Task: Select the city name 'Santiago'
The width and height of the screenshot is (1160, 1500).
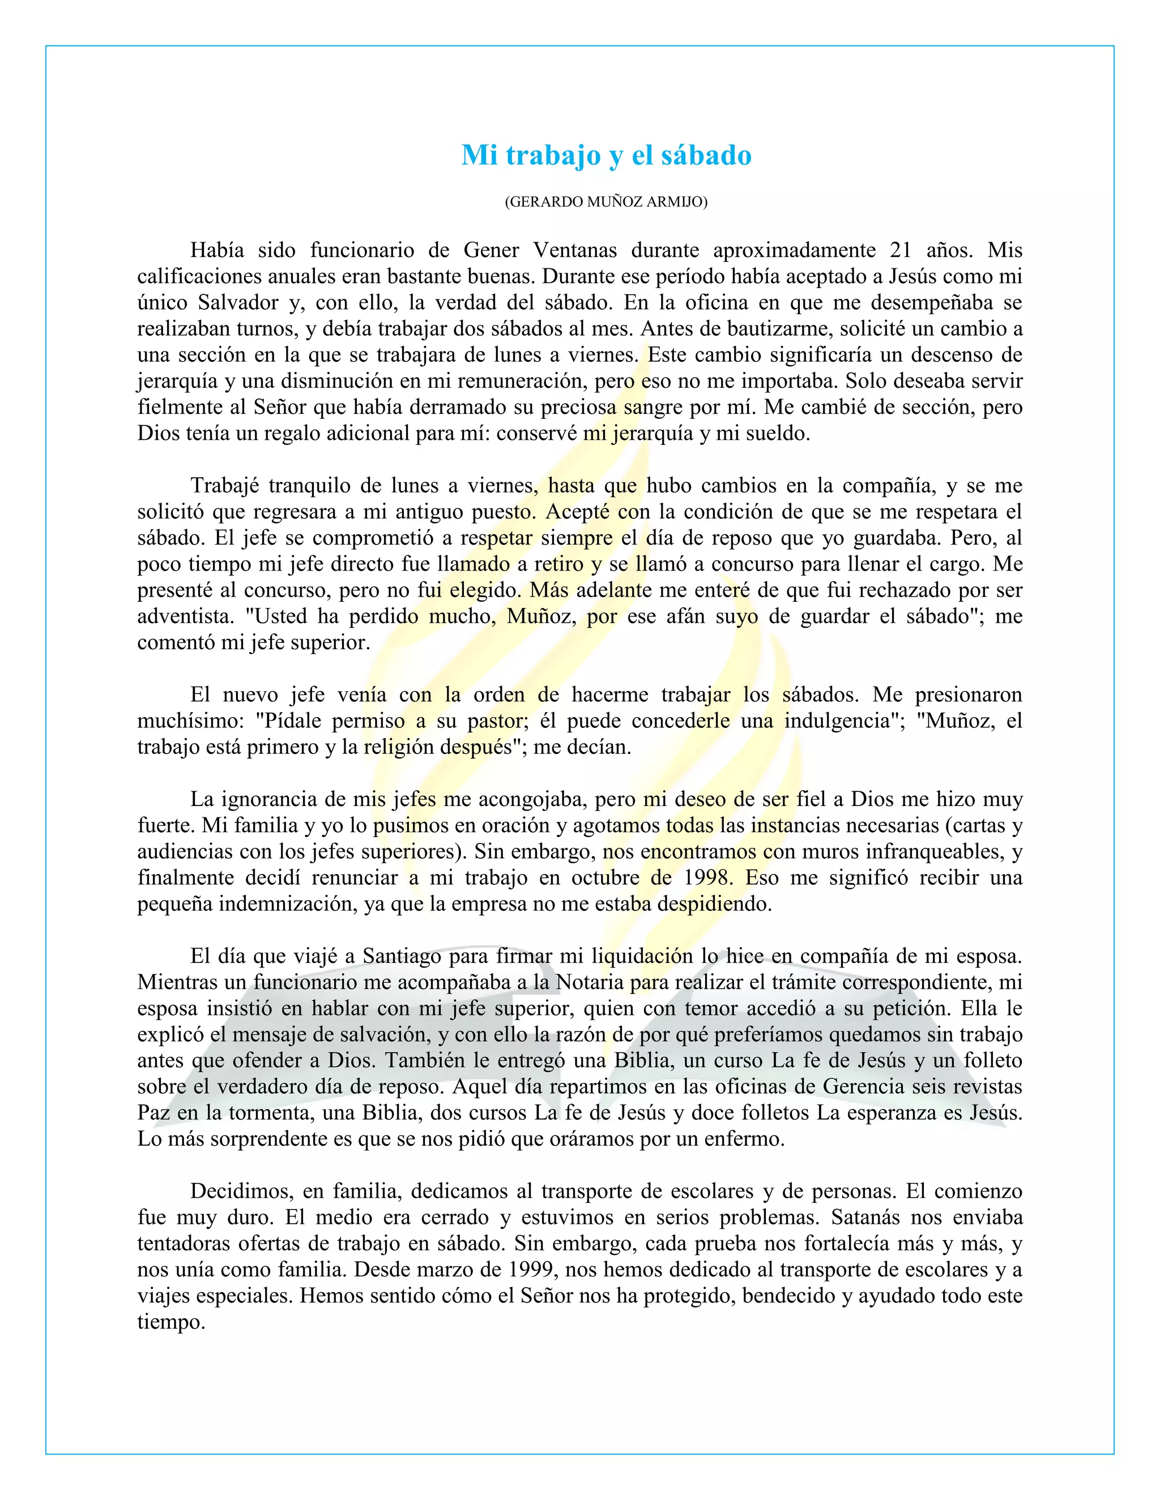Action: coord(403,956)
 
